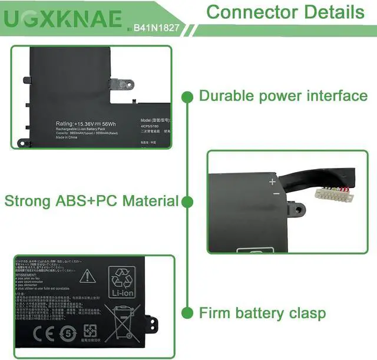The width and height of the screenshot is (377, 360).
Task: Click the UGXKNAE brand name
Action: [x=64, y=19]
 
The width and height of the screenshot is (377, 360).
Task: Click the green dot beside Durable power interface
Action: [x=188, y=96]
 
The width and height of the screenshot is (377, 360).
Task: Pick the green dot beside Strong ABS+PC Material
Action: [x=188, y=202]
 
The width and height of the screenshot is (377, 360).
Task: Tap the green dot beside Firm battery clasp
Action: [x=188, y=312]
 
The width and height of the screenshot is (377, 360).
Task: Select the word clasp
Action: [x=303, y=313]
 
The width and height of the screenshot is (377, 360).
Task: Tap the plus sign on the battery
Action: [x=272, y=182]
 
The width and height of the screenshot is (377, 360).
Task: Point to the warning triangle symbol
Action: [x=87, y=275]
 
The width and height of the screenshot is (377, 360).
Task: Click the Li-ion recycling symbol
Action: [x=122, y=283]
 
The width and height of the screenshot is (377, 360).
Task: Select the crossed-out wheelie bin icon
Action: [x=122, y=321]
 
